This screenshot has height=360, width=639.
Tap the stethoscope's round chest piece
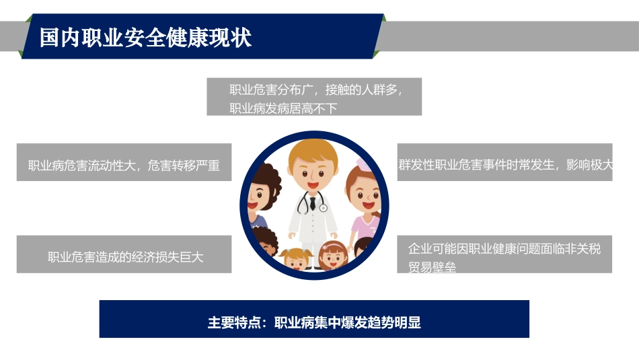click(x=324, y=208)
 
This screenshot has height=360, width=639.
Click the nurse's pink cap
click(x=364, y=164)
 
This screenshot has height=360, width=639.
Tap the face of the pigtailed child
click(x=295, y=260)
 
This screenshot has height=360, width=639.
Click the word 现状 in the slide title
click(x=231, y=37)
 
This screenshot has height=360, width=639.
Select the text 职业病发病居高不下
click(x=283, y=108)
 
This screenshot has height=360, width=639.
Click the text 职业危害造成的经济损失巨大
click(x=125, y=256)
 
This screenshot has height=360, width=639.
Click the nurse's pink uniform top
click(x=363, y=225)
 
